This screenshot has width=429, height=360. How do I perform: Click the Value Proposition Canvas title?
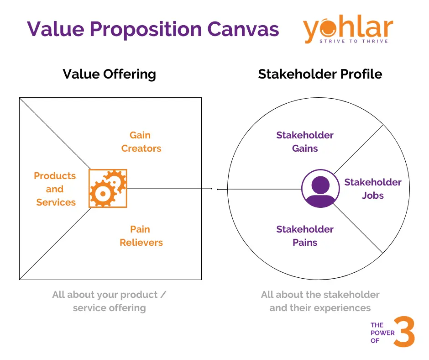[152, 29]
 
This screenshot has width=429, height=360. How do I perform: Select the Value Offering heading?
[109, 74]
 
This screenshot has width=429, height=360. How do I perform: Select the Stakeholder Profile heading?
[320, 74]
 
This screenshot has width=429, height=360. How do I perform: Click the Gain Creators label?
[141, 142]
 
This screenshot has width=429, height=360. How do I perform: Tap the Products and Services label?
[55, 189]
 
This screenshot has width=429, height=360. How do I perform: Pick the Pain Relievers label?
[141, 236]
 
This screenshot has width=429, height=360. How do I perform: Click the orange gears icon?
[108, 188]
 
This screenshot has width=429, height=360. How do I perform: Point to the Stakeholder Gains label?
[304, 142]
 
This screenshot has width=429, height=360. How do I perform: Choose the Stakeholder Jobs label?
[372, 189]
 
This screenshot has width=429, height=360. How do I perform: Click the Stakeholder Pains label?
[304, 236]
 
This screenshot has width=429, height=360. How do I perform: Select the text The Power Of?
[382, 333]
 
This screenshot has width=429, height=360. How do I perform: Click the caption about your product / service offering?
[109, 301]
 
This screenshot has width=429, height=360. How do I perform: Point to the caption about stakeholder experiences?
[320, 301]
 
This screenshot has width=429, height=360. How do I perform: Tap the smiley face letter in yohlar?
[325, 28]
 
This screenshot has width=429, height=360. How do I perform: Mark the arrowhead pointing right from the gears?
[212, 189]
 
